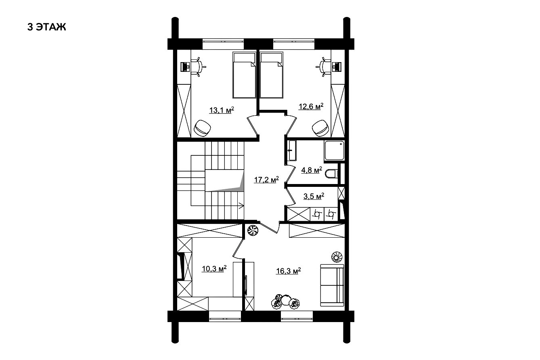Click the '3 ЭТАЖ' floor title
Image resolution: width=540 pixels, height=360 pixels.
coord(46,27)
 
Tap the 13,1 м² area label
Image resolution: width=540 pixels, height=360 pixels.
coord(222,110)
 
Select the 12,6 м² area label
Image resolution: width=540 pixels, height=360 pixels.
coord(311,106)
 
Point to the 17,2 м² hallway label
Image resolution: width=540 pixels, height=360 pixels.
coord(266,180)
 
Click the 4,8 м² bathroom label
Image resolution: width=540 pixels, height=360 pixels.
coord(312,170)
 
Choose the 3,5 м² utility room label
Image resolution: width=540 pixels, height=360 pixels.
coord(314,196)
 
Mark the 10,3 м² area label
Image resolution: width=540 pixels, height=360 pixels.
coord(214,269)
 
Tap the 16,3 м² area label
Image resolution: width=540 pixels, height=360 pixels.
coord(288,271)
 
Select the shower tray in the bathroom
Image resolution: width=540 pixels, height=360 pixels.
coord(334,151)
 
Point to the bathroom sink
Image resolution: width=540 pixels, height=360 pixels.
coord(291,151)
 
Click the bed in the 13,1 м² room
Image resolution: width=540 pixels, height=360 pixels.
coord(244,75)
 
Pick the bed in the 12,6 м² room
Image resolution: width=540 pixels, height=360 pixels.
coord(272,75)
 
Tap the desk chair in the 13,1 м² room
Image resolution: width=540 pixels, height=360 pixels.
coord(198,67)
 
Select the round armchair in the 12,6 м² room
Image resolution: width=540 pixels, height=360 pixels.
coord(320,128)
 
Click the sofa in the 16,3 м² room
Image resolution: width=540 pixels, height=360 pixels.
coord(332,285)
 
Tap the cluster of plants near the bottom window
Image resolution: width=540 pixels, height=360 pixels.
coord(285,301)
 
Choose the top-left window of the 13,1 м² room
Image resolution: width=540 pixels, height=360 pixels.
coord(223,44)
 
